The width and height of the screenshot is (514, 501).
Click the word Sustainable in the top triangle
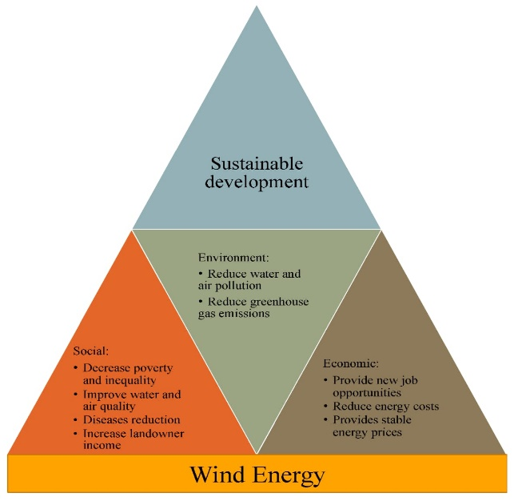tap(257, 163)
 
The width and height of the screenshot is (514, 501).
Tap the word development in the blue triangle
tap(257, 182)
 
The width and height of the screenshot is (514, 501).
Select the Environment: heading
tap(233, 258)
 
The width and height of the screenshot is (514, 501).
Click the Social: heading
tap(91, 351)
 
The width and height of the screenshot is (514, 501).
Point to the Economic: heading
tap(351, 363)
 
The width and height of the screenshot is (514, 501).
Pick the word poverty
tap(153, 369)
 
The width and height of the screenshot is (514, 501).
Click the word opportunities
tap(367, 394)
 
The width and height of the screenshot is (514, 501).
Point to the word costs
tap(426, 407)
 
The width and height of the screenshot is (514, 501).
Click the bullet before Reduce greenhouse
tap(201, 301)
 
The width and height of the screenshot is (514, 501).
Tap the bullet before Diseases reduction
tap(76, 420)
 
